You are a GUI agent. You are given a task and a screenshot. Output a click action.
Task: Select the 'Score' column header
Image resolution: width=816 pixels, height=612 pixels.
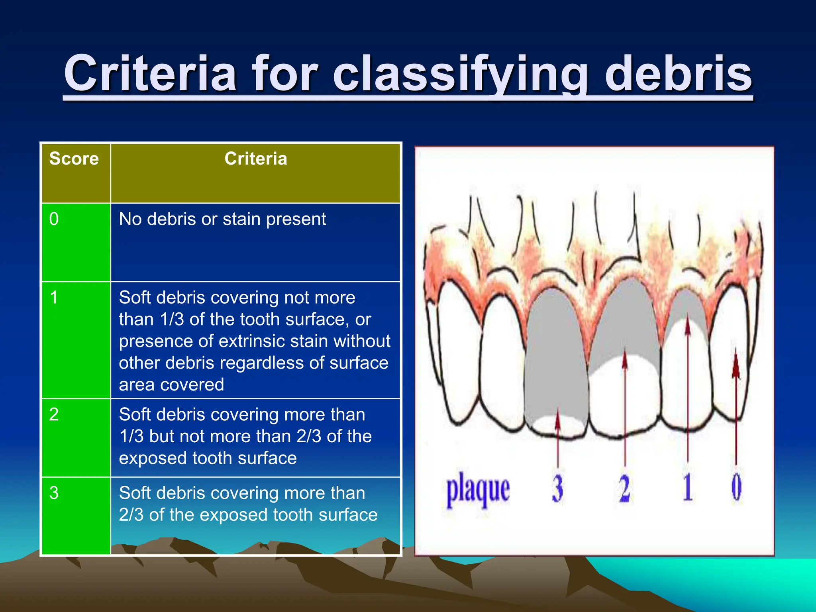click(74, 159)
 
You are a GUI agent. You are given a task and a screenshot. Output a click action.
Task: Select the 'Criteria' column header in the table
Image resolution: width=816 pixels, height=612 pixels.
click(255, 159)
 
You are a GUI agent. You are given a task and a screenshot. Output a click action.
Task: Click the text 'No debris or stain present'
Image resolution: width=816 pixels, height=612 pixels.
click(222, 219)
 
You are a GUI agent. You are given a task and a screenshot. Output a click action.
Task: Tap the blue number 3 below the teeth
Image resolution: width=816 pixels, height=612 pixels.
click(557, 488)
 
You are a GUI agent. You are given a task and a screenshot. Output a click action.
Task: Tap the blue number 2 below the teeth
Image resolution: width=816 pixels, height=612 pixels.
click(624, 488)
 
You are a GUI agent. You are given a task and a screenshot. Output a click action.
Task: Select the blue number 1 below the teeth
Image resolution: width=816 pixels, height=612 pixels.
click(688, 487)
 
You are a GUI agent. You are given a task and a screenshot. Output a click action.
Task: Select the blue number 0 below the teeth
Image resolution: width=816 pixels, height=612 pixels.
click(736, 487)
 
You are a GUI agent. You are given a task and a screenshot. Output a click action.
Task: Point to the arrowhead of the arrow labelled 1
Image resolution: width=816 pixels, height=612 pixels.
click(687, 325)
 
